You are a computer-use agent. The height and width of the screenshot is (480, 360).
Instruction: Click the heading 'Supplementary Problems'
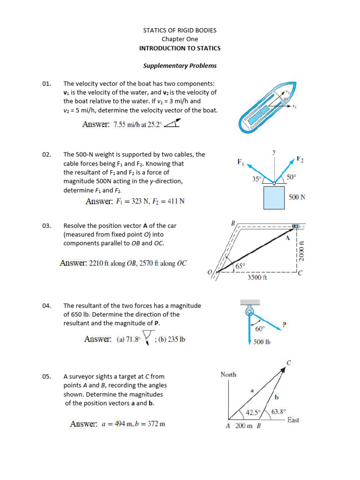[x=180, y=66]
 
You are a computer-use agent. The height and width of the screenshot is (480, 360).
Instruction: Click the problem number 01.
[x=46, y=83]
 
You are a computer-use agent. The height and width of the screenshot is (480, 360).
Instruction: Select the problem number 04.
[x=46, y=306]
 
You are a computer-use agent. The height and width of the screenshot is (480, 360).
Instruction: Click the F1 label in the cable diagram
[x=240, y=163]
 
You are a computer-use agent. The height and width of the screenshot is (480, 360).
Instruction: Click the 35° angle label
[x=256, y=179]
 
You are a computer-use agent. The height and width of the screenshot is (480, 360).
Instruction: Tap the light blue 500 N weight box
[x=274, y=197]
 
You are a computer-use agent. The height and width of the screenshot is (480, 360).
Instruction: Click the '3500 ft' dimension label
[x=257, y=277]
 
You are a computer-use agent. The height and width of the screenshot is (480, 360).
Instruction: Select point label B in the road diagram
[x=232, y=223]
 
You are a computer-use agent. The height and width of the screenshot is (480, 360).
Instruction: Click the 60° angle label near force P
[x=260, y=329]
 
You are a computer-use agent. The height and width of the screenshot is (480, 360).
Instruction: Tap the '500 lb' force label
[x=262, y=342]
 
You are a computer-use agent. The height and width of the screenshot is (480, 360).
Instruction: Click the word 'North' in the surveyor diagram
[x=228, y=375]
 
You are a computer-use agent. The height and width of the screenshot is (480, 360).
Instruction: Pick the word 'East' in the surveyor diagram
[x=293, y=420]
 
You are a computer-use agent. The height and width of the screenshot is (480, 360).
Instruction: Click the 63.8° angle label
[x=279, y=412]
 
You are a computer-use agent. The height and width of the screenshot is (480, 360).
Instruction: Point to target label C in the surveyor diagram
[x=289, y=362]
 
